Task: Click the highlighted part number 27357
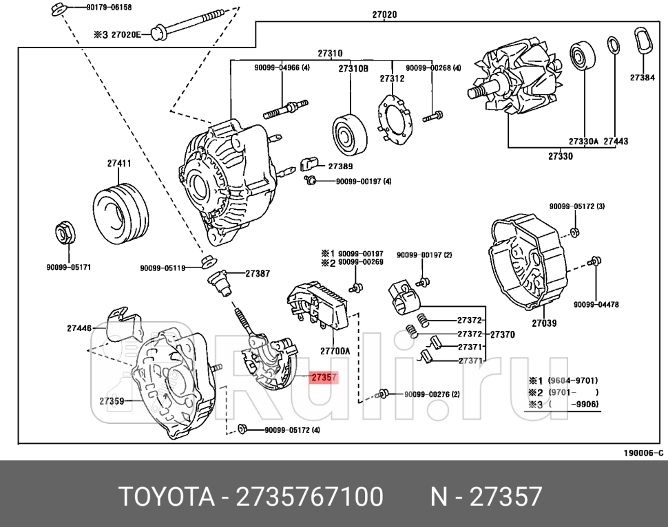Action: coord(323,377)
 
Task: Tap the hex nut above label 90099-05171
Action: coord(65,234)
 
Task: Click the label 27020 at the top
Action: coord(384,14)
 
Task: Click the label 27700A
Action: coord(335,351)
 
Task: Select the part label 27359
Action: coord(112,400)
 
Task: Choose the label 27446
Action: coord(79,328)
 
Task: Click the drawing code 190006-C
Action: coord(643,453)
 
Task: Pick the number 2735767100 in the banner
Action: coord(309,496)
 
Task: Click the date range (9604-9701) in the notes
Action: coord(572,380)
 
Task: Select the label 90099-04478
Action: coord(596,304)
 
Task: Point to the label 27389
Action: coord(340,166)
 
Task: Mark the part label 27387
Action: coord(257,273)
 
